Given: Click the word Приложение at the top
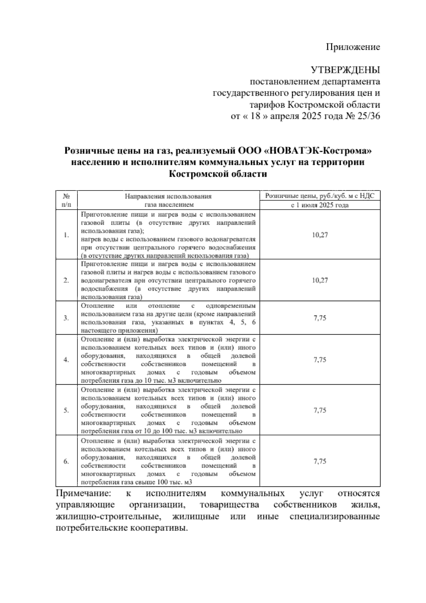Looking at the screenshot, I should click(353, 47).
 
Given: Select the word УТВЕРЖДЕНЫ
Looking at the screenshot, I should click(345, 70).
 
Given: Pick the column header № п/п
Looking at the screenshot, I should click(66, 200).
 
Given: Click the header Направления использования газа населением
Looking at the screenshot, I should click(168, 200).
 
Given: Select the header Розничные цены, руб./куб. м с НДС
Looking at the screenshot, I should click(319, 196).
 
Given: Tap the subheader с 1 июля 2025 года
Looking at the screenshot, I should click(319, 205).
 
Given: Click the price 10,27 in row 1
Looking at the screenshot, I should click(319, 235).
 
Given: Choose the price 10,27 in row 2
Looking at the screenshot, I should click(319, 280).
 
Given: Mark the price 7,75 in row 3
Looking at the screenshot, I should click(319, 318).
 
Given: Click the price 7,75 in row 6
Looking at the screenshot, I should click(319, 461).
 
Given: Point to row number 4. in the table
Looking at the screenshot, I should click(66, 360).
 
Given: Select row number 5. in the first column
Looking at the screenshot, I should click(66, 411).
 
